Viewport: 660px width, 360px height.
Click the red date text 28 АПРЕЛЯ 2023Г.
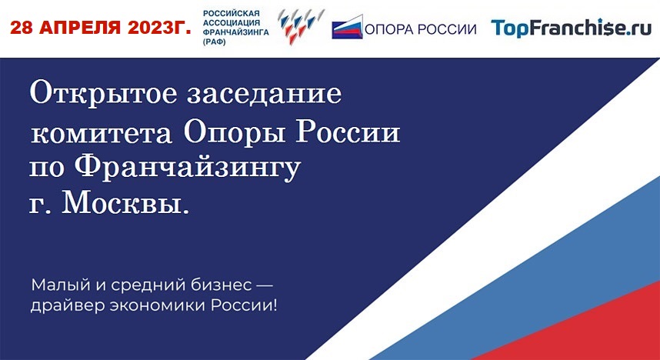click(101, 28)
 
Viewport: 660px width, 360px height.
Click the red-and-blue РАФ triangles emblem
click(301, 27)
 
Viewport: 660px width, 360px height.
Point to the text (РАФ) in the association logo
click(215, 42)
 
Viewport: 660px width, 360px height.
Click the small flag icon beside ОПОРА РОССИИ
click(347, 27)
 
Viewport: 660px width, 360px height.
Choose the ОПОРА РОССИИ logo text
click(421, 29)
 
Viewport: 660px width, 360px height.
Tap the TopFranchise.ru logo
click(572, 28)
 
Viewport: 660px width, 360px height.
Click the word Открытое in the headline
click(104, 94)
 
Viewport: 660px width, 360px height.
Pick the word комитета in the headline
click(102, 135)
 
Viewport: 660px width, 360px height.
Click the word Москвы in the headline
click(125, 205)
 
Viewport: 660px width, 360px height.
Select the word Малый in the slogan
click(56, 286)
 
